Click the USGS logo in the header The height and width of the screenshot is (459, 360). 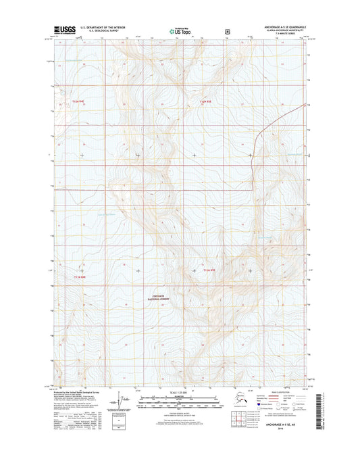point(62,29)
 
